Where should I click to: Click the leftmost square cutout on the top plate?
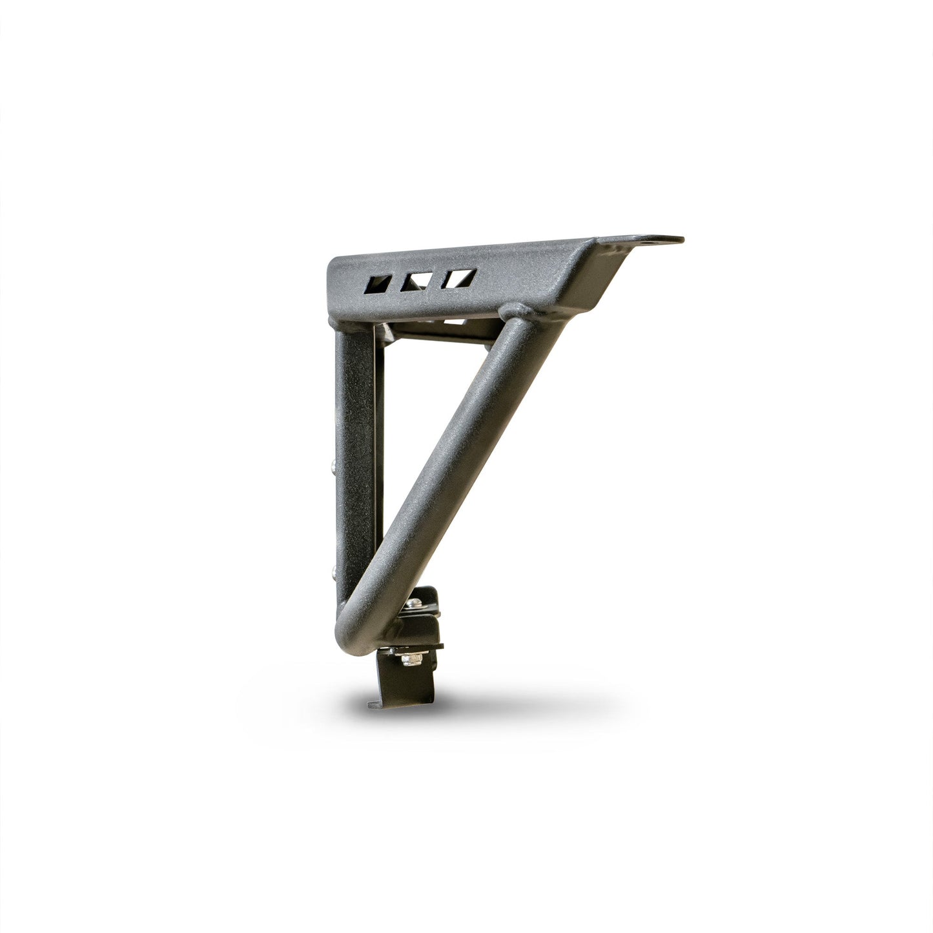click(378, 283)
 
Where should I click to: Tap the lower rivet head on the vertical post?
click(331, 569)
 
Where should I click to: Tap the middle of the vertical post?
click(354, 452)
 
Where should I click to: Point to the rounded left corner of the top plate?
click(333, 265)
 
